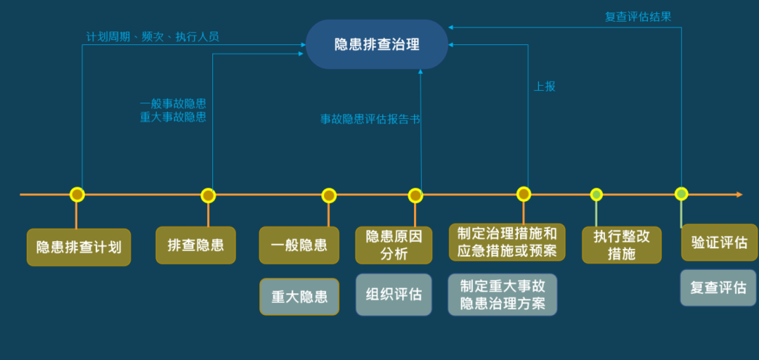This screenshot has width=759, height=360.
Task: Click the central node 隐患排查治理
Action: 377,44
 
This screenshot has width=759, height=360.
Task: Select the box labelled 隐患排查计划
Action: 79,247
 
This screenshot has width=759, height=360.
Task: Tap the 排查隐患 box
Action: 195,245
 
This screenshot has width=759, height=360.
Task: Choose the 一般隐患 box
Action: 299,245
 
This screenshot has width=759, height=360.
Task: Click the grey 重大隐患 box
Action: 299,296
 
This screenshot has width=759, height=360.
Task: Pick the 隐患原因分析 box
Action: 394,245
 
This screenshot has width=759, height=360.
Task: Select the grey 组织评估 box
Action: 394,294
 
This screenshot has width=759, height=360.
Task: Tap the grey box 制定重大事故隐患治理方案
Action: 502,295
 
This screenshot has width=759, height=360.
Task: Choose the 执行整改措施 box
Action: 621,245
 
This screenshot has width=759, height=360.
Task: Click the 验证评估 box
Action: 719,243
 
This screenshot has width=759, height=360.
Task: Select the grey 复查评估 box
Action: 718,288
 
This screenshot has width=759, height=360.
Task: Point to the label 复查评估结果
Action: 638,17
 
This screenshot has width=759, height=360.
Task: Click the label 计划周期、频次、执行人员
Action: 153,37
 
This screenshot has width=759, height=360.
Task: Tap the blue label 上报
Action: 545,86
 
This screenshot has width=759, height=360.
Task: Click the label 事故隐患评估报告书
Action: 370,120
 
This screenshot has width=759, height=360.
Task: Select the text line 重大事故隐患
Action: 173,117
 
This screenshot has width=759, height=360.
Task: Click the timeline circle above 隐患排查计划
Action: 77,195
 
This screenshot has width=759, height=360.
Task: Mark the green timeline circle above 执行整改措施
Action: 597,195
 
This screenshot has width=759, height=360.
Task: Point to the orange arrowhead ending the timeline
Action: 738,194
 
